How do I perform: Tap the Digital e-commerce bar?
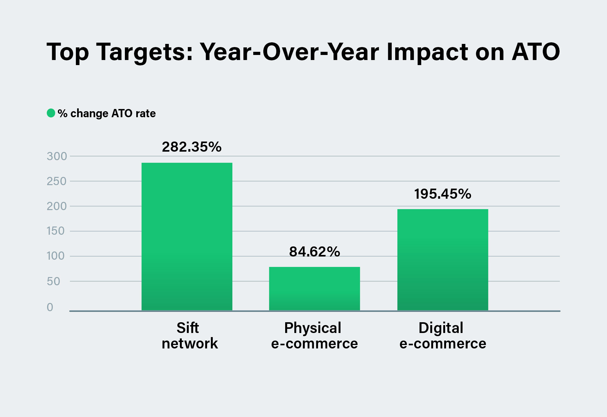[x=443, y=260]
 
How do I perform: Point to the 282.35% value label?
[x=192, y=147]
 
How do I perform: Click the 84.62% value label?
[x=314, y=252]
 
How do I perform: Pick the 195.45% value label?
[x=443, y=194]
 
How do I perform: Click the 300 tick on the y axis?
[x=57, y=156]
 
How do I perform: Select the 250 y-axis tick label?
[x=57, y=181]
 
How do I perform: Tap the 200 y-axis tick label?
[x=57, y=206]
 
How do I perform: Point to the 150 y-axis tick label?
[x=56, y=231]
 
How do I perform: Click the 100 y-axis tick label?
[x=56, y=256]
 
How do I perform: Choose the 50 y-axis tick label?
[x=53, y=281]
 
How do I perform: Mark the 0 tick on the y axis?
[x=50, y=307]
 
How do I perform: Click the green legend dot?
[x=51, y=113]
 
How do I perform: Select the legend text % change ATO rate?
[x=107, y=113]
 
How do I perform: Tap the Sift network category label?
[x=189, y=335]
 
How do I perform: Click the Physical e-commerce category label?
[x=314, y=335]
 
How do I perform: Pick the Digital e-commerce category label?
[x=443, y=335]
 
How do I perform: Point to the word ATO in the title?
[x=536, y=52]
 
